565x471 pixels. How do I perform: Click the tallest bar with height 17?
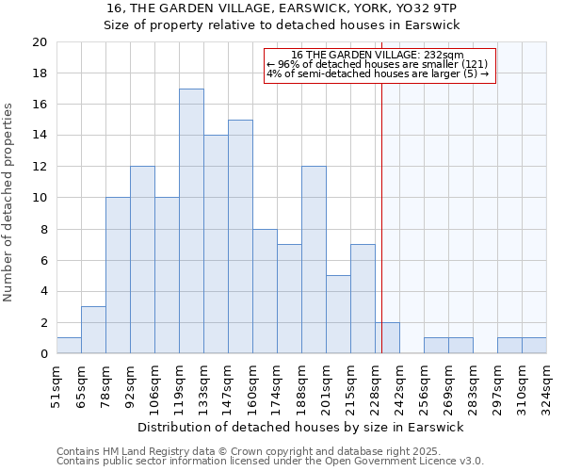point(191,221)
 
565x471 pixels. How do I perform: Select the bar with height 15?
point(240,236)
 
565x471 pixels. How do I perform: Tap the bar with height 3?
point(93,330)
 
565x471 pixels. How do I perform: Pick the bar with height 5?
point(338,315)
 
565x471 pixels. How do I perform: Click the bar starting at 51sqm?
point(69,346)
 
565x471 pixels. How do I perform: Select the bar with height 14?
point(216,245)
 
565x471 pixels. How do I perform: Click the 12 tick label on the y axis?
point(39,167)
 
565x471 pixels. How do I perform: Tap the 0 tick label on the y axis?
point(43,354)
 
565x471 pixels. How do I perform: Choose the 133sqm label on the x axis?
point(203,384)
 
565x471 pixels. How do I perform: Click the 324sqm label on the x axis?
point(546,384)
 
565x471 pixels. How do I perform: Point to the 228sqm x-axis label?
point(375,384)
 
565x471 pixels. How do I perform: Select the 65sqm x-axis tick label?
point(81,384)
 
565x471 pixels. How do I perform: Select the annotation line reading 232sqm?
point(378,56)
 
